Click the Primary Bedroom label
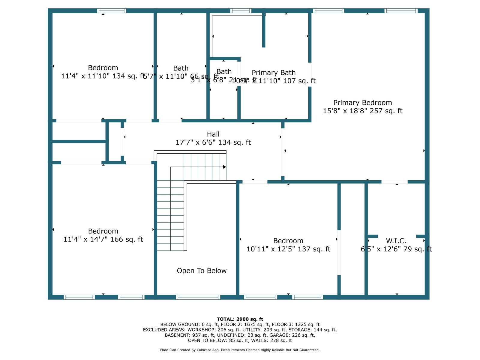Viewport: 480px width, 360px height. pyautogui.click(x=362, y=103)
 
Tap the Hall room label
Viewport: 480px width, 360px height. pyautogui.click(x=213, y=134)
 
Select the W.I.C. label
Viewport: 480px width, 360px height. pyautogui.click(x=396, y=241)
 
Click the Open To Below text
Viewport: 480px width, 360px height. pyautogui.click(x=202, y=271)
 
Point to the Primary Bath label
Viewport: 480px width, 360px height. pyautogui.click(x=274, y=73)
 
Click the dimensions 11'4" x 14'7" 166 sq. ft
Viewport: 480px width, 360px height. pyautogui.click(x=103, y=239)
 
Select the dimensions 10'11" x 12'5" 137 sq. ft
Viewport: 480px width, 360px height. pyautogui.click(x=288, y=249)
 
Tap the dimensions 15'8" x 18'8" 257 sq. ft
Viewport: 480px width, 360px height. pyautogui.click(x=362, y=111)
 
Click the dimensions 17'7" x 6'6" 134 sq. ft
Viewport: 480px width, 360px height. pyautogui.click(x=213, y=142)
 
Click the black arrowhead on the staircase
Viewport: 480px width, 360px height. pyautogui.click(x=224, y=167)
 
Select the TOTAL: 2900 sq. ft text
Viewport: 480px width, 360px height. pyautogui.click(x=240, y=319)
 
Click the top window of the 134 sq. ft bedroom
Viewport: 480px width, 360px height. pyautogui.click(x=112, y=11)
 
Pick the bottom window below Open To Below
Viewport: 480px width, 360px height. pyautogui.click(x=198, y=297)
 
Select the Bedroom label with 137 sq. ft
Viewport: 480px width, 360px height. pyautogui.click(x=288, y=241)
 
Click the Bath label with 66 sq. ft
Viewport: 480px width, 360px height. pyautogui.click(x=181, y=68)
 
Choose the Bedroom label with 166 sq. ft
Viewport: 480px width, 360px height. pyautogui.click(x=103, y=231)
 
